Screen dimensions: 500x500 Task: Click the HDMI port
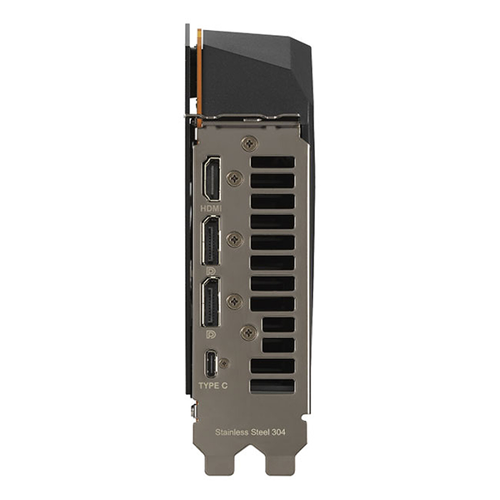tap(212, 178)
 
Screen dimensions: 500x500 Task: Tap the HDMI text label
tap(211, 208)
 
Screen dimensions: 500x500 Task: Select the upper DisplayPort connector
tap(211, 241)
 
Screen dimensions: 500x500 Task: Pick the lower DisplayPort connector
tap(211, 302)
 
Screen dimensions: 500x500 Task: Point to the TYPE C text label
tap(213, 386)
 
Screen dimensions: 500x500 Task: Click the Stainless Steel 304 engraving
tap(250, 432)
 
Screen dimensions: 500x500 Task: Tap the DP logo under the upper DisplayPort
tap(211, 272)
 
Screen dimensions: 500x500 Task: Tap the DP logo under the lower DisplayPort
tap(211, 334)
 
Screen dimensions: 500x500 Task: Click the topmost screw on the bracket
tap(249, 144)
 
